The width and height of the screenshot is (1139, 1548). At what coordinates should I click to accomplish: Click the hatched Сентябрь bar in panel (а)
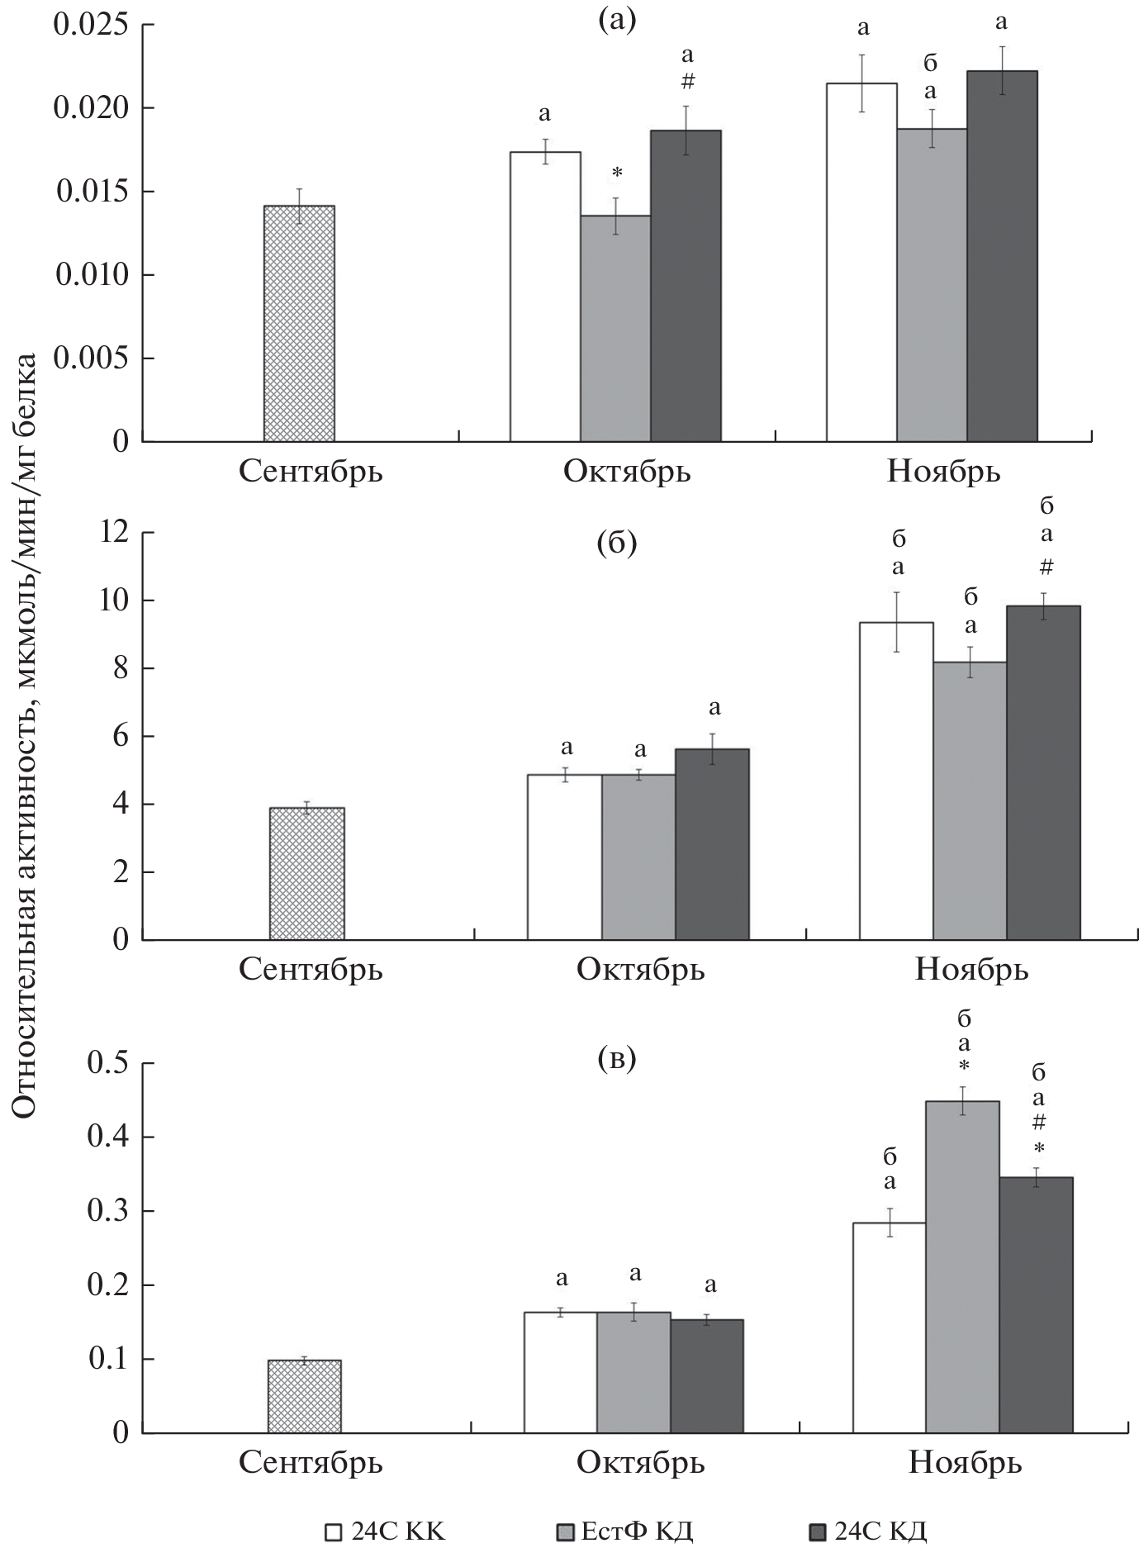click(299, 323)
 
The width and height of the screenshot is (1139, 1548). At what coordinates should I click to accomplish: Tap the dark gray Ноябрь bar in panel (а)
click(1002, 256)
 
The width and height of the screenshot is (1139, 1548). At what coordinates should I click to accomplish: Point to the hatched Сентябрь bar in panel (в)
click(305, 1396)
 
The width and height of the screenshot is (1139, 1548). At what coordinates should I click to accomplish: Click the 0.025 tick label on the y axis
click(92, 25)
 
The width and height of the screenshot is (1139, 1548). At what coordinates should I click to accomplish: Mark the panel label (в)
click(617, 1059)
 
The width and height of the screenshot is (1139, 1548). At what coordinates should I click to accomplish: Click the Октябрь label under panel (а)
click(627, 472)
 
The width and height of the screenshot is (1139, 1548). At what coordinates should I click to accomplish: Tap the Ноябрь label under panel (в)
click(966, 1463)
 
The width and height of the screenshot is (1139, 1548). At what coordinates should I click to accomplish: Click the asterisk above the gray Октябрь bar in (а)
click(616, 173)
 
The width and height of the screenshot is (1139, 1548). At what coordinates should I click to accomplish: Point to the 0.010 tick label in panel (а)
click(92, 275)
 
